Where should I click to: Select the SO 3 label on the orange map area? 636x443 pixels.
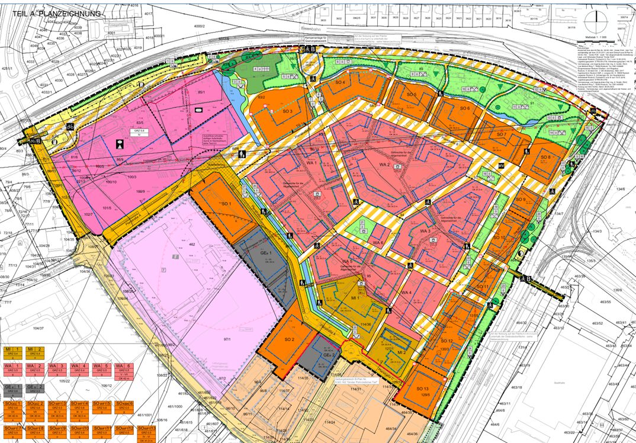point(288,111)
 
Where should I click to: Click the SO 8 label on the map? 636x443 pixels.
point(545,157)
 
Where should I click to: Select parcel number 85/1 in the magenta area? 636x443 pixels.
point(201,92)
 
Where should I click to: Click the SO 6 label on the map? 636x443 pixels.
point(464,108)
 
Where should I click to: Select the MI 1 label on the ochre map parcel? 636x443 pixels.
point(356,298)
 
